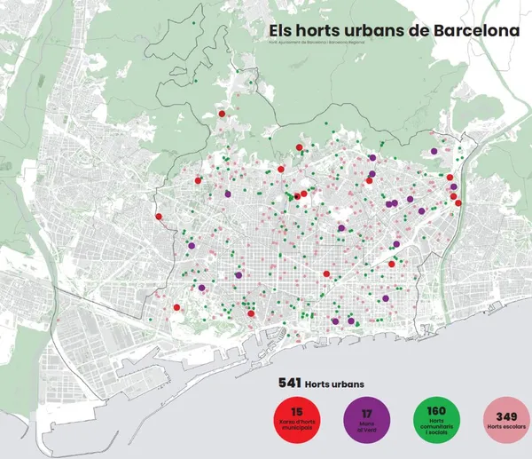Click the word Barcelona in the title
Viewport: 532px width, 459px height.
[x=476, y=31]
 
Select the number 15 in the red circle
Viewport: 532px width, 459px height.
[x=296, y=411]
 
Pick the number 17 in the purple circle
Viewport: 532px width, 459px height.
[x=365, y=412]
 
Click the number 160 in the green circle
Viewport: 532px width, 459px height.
[x=435, y=411]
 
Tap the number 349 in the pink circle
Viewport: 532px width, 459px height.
[x=505, y=415]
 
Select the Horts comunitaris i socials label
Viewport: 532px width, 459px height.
[x=435, y=429]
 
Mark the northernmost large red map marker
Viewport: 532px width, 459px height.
[x=223, y=114]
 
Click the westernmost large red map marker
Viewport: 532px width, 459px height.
[x=159, y=217]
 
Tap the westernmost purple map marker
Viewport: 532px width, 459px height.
[x=192, y=246]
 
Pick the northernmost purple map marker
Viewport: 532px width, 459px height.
[x=434, y=151]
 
